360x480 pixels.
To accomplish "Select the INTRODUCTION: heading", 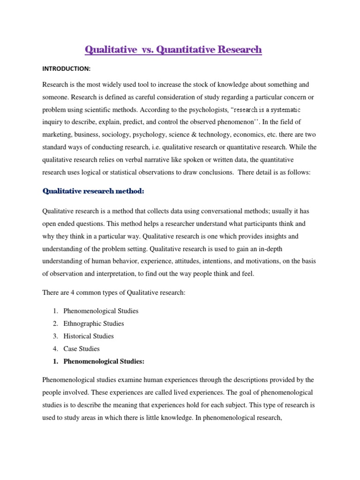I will tap(67, 69).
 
